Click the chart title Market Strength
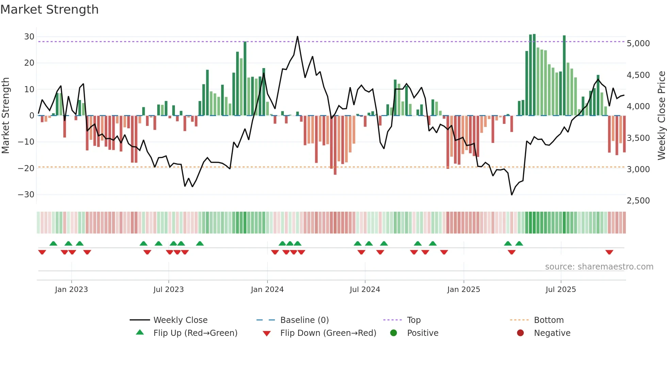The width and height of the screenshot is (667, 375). [x=49, y=10]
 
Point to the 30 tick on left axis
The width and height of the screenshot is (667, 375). [x=29, y=37]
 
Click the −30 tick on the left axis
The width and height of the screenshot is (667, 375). [x=26, y=195]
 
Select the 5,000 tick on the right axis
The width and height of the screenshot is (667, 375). [x=638, y=44]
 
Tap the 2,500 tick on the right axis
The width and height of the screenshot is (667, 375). [x=638, y=201]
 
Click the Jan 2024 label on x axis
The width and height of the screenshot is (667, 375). [x=267, y=290]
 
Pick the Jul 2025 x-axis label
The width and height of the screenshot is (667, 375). [x=560, y=290]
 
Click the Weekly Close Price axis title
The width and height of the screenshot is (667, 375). [x=661, y=116]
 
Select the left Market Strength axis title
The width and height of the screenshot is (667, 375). [x=5, y=116]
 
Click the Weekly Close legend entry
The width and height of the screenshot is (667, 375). [x=180, y=320]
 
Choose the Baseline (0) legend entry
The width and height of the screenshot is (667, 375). [x=304, y=320]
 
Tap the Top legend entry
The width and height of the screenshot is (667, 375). [x=413, y=320]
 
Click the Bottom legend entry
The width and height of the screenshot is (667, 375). [x=549, y=320]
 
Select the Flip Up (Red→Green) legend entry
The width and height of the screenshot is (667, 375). [x=195, y=333]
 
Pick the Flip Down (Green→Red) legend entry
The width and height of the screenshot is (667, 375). [x=328, y=333]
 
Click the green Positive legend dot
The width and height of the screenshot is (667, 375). [x=393, y=333]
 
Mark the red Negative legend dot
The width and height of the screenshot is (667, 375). [x=520, y=333]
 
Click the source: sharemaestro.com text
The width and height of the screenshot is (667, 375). [x=599, y=267]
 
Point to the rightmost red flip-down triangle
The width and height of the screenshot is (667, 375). [x=609, y=252]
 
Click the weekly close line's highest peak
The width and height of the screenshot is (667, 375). [x=297, y=36]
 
